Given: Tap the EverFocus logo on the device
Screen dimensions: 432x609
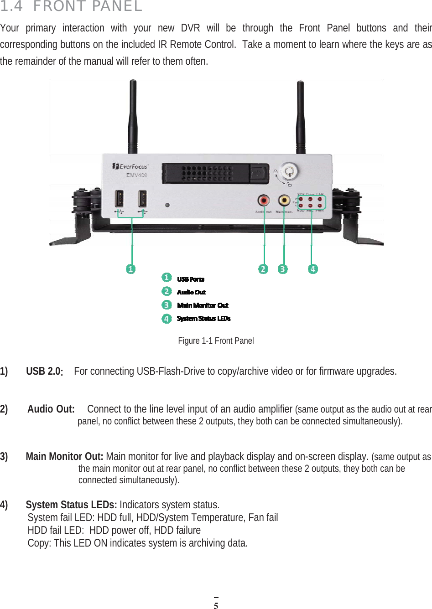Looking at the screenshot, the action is point(130,166).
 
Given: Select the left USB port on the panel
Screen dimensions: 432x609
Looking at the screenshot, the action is point(120,199).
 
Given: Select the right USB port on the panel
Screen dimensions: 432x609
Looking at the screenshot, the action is point(142,199).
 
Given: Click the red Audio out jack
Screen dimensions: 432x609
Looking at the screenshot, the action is point(264,200).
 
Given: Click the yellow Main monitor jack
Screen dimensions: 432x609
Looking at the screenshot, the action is point(284,200).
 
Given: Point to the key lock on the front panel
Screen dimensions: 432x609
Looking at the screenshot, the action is point(289,172).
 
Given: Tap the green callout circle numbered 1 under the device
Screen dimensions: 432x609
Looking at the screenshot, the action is point(131,269).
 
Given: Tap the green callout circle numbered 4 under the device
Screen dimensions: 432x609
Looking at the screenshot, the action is point(313,269).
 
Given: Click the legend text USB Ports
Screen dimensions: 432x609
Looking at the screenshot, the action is point(191,279).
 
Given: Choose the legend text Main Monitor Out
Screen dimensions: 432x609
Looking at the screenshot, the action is point(203,305).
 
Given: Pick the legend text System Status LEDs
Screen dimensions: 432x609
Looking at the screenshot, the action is point(203,318).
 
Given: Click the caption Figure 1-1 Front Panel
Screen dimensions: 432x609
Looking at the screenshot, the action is point(216,341).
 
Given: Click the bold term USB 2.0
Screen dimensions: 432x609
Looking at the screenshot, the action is point(44,372).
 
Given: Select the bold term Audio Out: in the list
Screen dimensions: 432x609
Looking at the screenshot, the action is point(51,409).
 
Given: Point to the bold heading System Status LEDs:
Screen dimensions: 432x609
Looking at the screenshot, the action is point(71,505).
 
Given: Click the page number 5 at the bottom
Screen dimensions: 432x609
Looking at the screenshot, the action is point(216,605).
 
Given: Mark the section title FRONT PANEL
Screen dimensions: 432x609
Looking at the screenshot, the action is point(88,6).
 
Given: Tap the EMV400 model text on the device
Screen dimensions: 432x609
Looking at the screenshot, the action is point(137,175).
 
